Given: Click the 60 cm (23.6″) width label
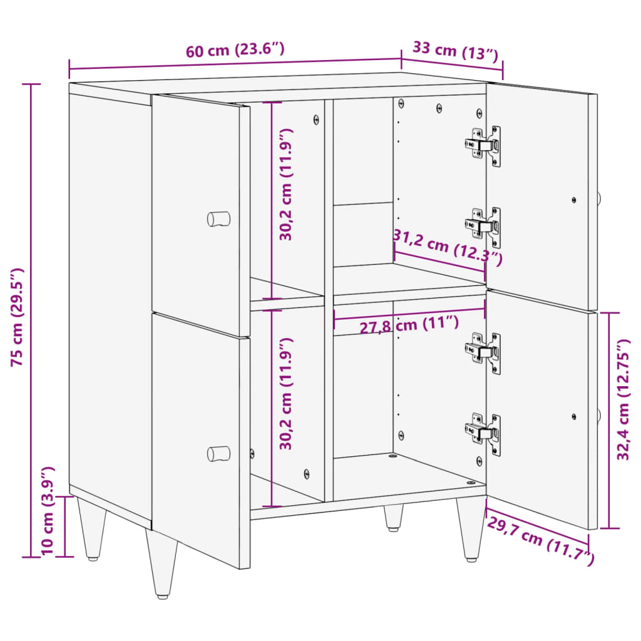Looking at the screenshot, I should pyautogui.click(x=235, y=51).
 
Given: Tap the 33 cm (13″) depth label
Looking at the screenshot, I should pyautogui.click(x=455, y=51).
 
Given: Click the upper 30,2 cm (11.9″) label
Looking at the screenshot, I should pyautogui.click(x=286, y=185).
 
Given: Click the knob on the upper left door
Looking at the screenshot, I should pyautogui.click(x=218, y=219).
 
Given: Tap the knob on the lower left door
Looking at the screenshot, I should pyautogui.click(x=218, y=453).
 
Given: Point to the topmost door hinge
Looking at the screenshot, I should pyautogui.click(x=484, y=146).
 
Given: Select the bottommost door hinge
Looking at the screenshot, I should pyautogui.click(x=484, y=433).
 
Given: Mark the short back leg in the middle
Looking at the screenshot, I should pyautogui.click(x=393, y=518).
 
